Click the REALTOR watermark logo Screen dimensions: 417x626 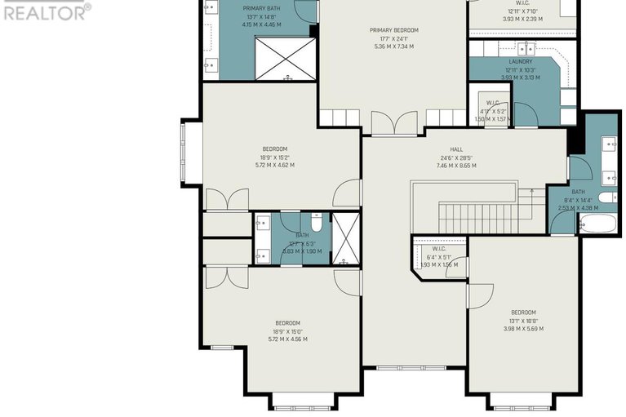coord(46,11)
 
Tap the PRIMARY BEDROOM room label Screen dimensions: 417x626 coord(393,30)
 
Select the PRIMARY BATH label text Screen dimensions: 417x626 coord(261,8)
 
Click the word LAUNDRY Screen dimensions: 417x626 coord(521,62)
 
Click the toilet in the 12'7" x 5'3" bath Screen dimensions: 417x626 coord(317,223)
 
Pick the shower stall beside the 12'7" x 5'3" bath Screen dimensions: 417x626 coord(346,237)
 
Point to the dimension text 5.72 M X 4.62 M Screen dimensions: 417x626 coord(275,165)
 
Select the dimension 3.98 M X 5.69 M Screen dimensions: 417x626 coord(523,329)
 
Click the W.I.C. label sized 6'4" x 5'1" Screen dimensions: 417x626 coord(438,249)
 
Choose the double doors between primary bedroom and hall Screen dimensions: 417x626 coord(393,124)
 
